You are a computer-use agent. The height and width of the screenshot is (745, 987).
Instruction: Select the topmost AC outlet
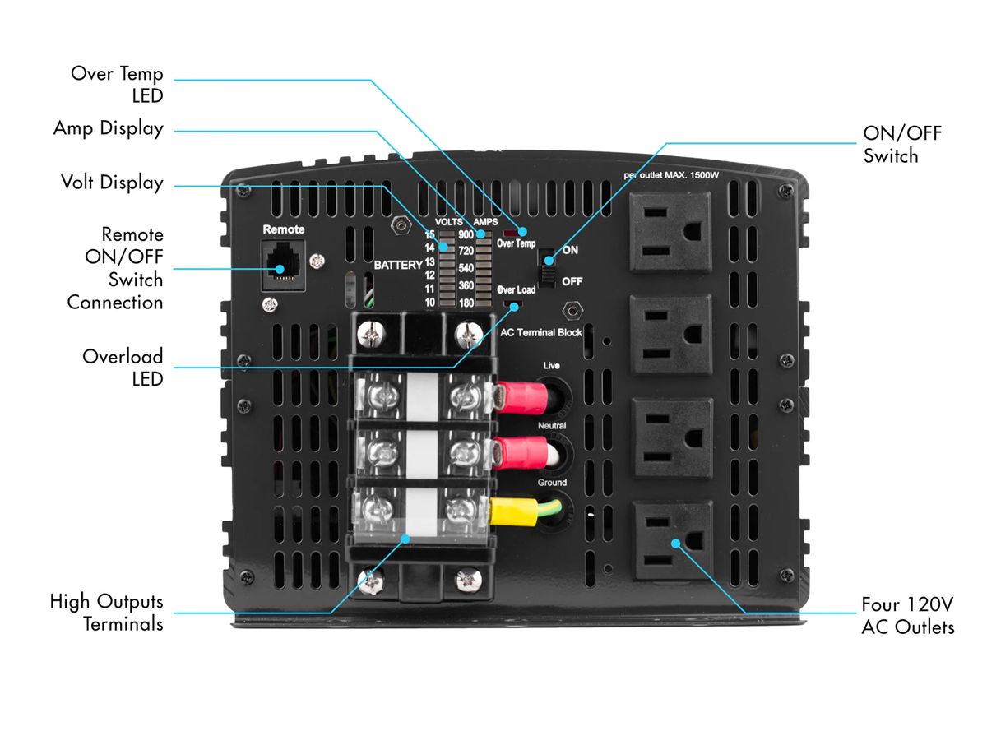[x=670, y=232]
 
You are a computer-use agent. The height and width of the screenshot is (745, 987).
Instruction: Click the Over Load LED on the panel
[x=516, y=305]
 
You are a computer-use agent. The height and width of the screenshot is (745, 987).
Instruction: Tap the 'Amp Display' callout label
[x=108, y=129]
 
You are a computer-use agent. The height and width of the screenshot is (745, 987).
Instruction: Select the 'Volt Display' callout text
[x=112, y=183]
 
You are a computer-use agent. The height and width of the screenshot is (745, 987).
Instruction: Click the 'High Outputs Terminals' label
[x=106, y=612]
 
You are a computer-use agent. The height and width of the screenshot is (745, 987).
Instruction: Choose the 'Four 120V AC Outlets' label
[x=907, y=616]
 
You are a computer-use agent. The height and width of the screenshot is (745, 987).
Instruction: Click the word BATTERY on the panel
[x=398, y=265]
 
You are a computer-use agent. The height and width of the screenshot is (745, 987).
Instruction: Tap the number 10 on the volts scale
[x=429, y=303]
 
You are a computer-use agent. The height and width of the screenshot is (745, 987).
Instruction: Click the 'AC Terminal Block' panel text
[x=541, y=332]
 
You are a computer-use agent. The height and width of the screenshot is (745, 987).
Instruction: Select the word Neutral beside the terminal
[x=552, y=426]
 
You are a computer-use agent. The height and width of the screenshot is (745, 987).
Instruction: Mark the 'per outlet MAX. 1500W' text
[x=672, y=176]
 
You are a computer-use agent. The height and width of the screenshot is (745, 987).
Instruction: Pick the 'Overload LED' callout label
[x=123, y=367]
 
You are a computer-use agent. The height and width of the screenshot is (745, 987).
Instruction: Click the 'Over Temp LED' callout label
[x=117, y=84]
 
